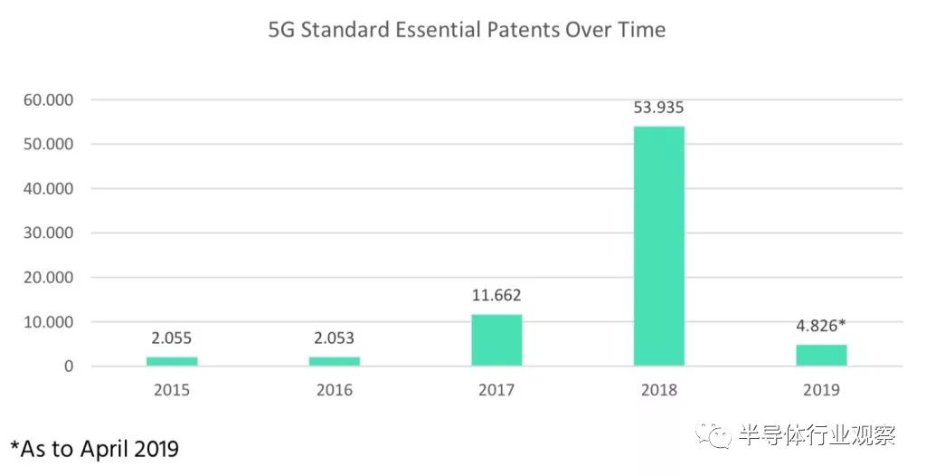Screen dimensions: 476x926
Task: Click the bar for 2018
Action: coord(658,246)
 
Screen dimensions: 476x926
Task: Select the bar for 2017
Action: coord(496,340)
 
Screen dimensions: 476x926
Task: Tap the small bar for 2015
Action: coord(172,361)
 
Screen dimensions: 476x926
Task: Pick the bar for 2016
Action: coord(335,361)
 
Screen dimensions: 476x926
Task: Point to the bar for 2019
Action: coord(821,355)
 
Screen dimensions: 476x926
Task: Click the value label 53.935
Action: coord(658,109)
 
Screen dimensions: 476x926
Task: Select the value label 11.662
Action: coord(496,296)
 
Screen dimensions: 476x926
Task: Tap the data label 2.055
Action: coord(172,338)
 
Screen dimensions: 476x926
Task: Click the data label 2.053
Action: coord(335,338)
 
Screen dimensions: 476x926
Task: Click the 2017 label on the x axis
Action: coord(496,391)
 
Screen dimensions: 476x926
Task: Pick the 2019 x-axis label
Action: coord(821,391)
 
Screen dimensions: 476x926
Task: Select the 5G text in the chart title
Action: coord(281,30)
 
